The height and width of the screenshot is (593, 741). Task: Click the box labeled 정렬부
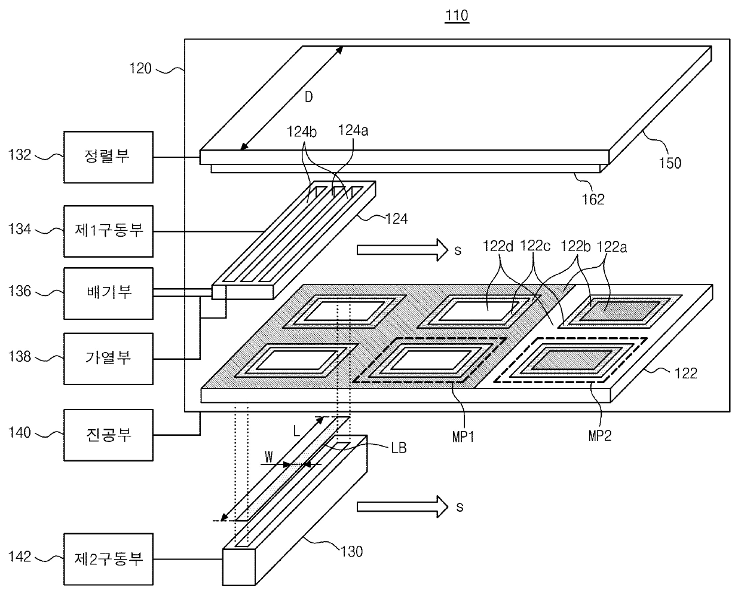(109, 157)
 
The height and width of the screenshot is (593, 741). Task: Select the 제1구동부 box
(109, 231)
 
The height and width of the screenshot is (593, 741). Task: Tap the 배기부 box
(109, 294)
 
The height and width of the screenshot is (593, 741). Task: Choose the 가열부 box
(109, 359)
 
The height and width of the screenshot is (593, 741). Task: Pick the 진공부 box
(109, 435)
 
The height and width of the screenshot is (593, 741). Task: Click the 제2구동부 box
(109, 560)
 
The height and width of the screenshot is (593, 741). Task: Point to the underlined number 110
(457, 16)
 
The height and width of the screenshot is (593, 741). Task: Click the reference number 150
(670, 163)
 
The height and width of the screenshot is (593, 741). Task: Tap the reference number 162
(593, 200)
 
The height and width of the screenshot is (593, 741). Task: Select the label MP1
(463, 437)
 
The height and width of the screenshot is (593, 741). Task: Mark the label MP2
(600, 436)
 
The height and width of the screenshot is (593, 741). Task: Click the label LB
(399, 448)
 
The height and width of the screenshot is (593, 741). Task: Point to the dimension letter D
(309, 97)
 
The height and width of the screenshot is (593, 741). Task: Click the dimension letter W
(268, 457)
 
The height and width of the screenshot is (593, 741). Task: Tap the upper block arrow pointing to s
(403, 250)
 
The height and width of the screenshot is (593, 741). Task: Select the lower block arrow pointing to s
(403, 507)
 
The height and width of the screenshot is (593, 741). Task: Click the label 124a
(353, 130)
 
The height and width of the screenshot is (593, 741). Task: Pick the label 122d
(498, 246)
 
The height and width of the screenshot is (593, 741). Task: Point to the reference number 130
(351, 552)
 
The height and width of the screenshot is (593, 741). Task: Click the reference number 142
(20, 557)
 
